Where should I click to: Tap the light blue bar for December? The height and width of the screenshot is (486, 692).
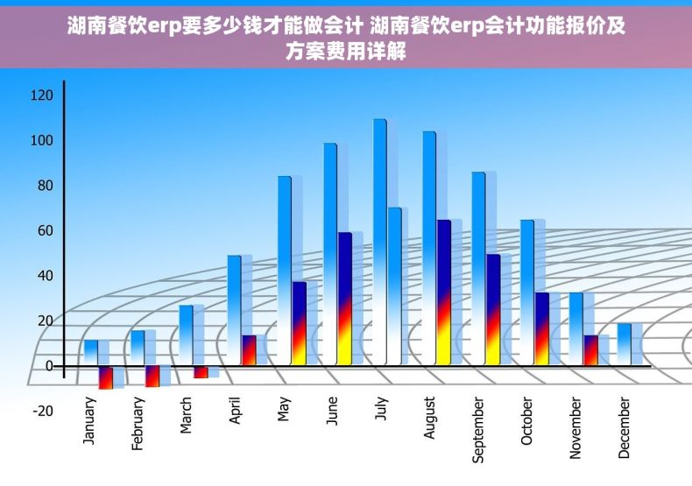pos(624,343)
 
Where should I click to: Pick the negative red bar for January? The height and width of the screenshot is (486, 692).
pos(106,377)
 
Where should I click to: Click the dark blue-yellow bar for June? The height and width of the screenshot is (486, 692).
pos(345,298)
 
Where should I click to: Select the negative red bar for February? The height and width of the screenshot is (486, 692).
pos(152,376)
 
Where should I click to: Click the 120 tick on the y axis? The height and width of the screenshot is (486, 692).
pos(42,95)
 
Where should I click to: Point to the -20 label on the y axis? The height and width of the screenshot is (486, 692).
pos(42,411)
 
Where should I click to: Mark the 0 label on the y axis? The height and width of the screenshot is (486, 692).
pos(49,365)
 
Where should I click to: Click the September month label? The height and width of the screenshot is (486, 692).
pos(478,429)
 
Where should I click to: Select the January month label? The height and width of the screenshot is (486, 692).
pos(90,421)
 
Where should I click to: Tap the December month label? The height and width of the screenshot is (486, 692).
pos(625,427)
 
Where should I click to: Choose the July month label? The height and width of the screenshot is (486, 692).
pos(380,410)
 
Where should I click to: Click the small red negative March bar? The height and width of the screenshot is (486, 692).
pos(201,372)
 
